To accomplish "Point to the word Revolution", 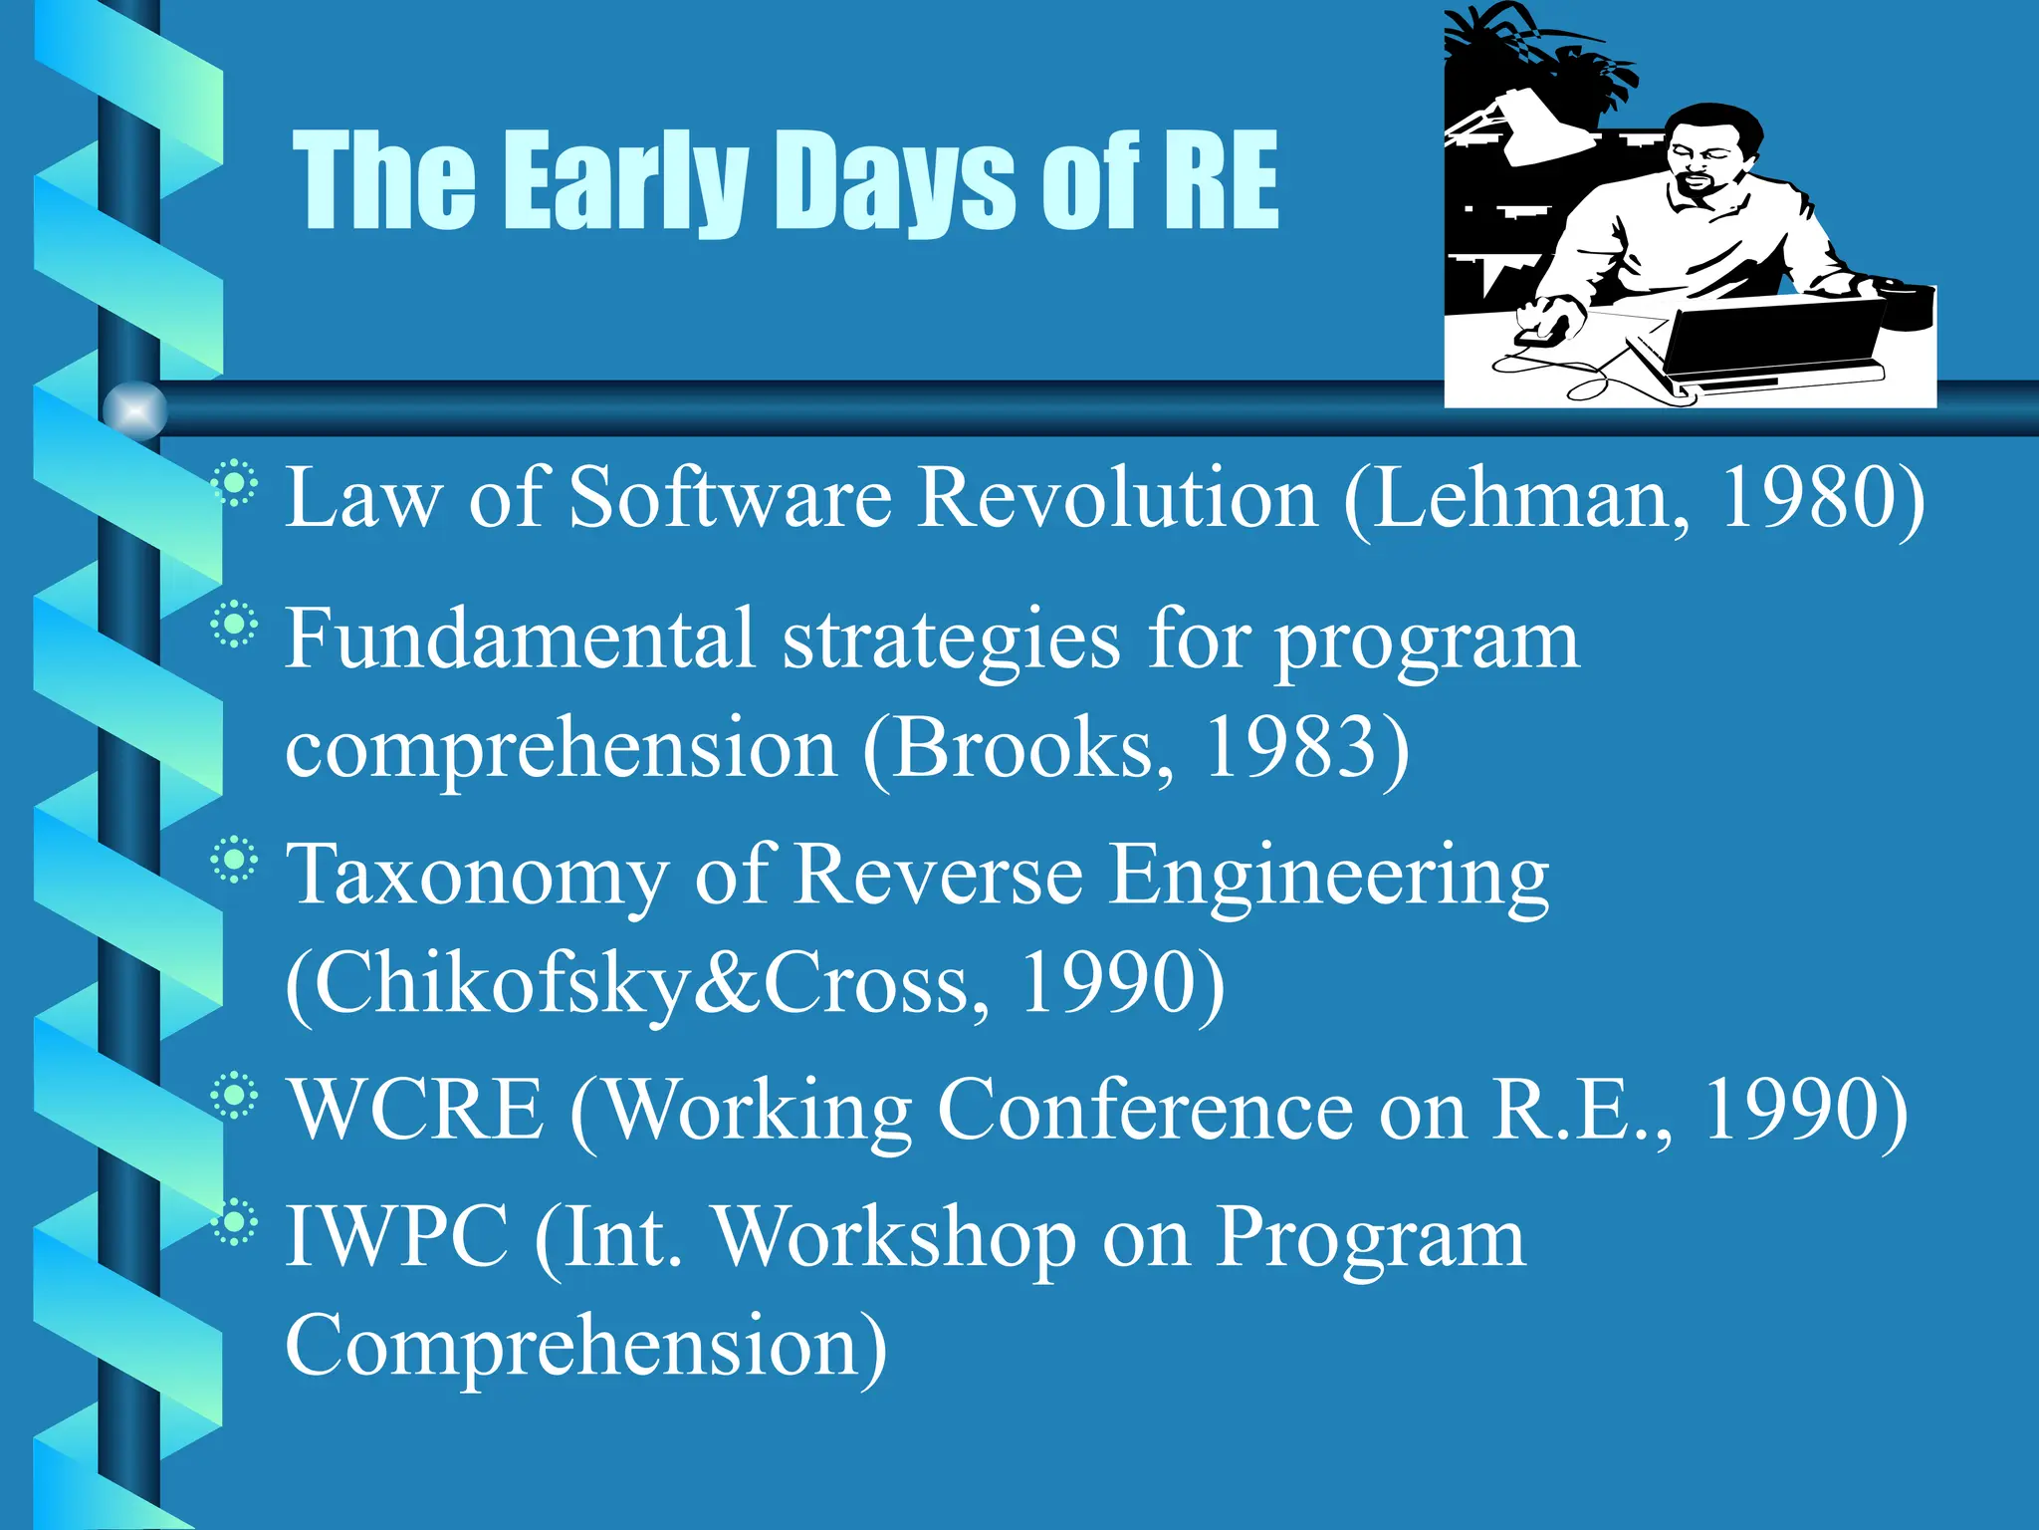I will (1117, 498).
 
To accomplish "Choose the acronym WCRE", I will (416, 1110).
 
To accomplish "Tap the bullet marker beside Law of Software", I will (235, 485).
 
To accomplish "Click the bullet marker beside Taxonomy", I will (235, 860).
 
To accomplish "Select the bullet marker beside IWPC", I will (235, 1223).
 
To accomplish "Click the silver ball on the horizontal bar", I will (135, 409).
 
